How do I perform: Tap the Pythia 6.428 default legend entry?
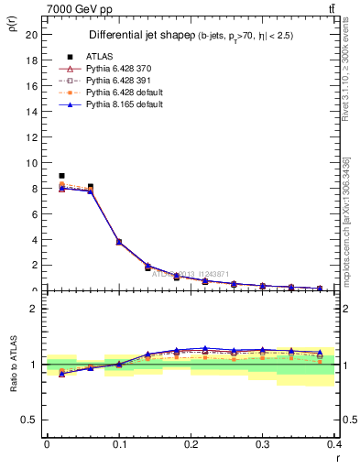point(118,92)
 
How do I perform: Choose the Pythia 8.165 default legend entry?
point(118,104)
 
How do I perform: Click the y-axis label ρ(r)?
point(12,24)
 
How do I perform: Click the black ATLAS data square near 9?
point(61,175)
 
